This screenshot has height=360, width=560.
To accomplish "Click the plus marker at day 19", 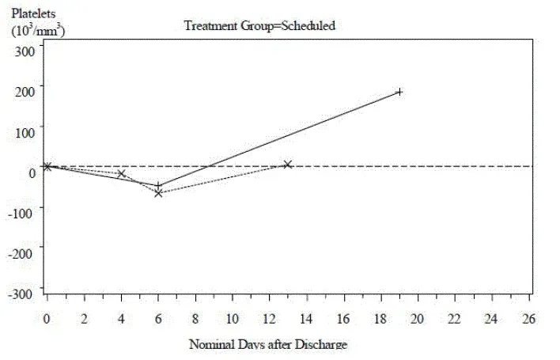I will click(x=399, y=92).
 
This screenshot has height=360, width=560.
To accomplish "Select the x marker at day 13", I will click(x=288, y=165).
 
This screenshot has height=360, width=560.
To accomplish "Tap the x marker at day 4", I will click(x=122, y=173).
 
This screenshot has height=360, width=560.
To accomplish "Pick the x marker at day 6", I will click(x=159, y=193).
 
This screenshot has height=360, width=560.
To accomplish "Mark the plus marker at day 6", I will click(x=159, y=185).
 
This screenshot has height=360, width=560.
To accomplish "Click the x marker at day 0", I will click(x=47, y=166).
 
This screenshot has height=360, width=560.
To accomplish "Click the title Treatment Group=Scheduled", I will click(x=260, y=25).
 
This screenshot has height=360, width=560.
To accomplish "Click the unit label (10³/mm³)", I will click(x=37, y=31).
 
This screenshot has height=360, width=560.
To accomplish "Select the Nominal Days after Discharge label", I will click(x=268, y=344).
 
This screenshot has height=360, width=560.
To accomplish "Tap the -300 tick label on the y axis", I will click(x=23, y=293).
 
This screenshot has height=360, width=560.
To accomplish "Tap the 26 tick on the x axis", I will click(x=529, y=318).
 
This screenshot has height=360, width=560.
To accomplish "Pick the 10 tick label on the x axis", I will click(x=233, y=318).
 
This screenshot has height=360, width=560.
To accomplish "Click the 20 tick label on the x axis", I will click(x=418, y=318).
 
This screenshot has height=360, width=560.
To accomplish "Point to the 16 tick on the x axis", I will click(x=343, y=318).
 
